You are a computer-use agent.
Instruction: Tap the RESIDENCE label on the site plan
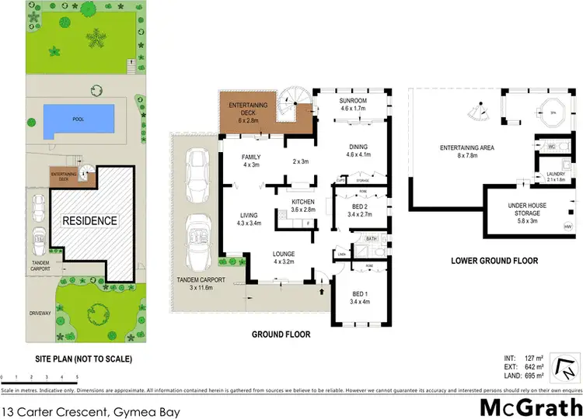90,220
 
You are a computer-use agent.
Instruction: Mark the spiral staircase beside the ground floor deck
299,106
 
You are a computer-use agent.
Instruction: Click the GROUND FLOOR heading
281,335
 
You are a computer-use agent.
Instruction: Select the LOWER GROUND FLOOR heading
494,261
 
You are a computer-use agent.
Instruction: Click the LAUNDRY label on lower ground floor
555,175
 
